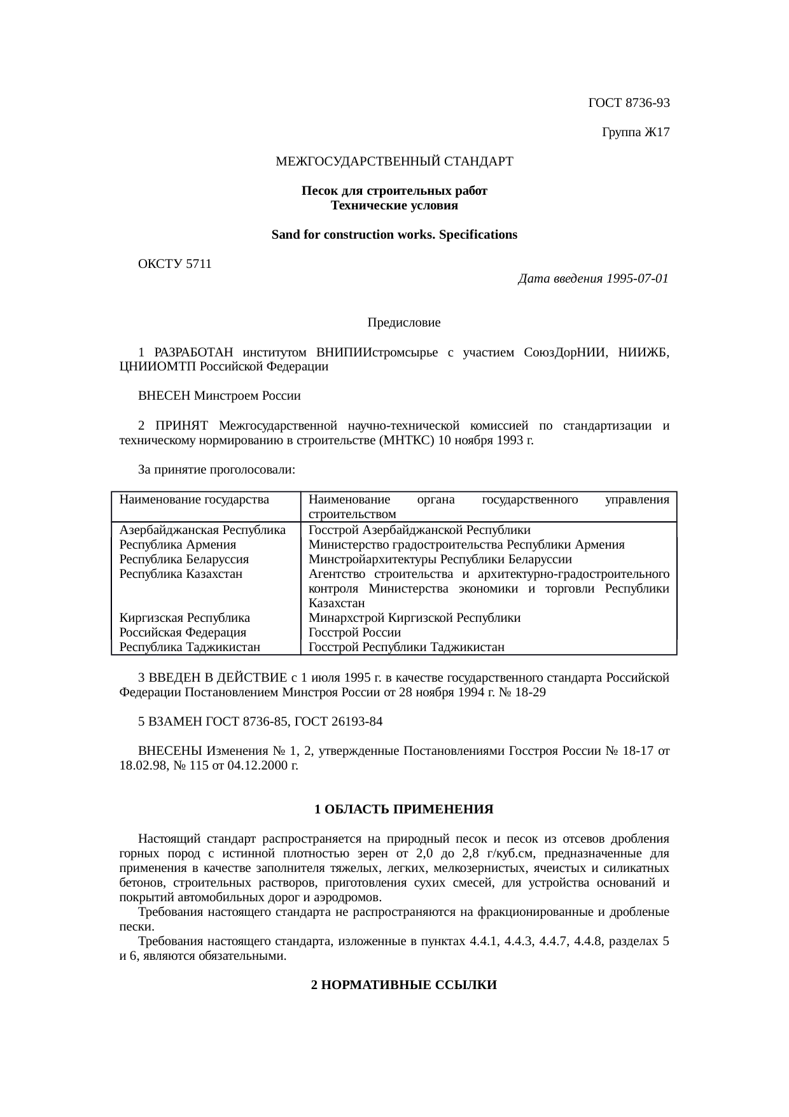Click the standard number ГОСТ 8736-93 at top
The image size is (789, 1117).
pyautogui.click(x=629, y=102)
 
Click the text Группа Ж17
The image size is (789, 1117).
pyautogui.click(x=634, y=132)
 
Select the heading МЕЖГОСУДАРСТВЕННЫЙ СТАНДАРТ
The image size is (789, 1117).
pyautogui.click(x=394, y=162)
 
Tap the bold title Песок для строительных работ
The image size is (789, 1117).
pyautogui.click(x=394, y=191)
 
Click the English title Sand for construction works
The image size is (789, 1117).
pyautogui.click(x=394, y=235)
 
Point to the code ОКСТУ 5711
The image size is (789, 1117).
pyautogui.click(x=174, y=264)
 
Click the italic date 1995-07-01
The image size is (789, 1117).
pyautogui.click(x=636, y=279)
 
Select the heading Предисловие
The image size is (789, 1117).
pyautogui.click(x=403, y=323)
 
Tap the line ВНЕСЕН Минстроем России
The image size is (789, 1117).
pyautogui.click(x=219, y=396)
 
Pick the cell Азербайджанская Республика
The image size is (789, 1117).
pyautogui.click(x=202, y=530)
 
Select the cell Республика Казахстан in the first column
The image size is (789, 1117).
pyautogui.click(x=181, y=573)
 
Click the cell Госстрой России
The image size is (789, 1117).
pyautogui.click(x=354, y=633)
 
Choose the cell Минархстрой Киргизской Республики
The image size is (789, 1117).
pyautogui.click(x=414, y=618)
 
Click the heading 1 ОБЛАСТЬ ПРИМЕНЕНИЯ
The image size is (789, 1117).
pyautogui.click(x=403, y=810)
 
